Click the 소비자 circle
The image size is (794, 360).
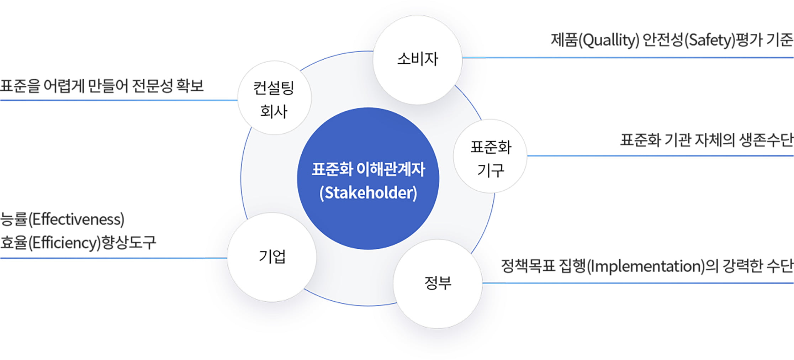[418, 60]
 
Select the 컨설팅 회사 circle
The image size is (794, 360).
[274, 98]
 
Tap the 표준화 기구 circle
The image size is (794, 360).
[490, 157]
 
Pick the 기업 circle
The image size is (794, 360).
[272, 257]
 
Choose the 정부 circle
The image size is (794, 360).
[438, 284]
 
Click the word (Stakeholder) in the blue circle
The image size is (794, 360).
[368, 193]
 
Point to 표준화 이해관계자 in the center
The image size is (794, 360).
[368, 169]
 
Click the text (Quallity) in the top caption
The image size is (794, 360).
[609, 40]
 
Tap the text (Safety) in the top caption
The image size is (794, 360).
[710, 40]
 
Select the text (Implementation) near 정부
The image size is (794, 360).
[645, 266]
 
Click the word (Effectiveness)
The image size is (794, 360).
[76, 219]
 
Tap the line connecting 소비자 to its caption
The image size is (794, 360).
[626, 57]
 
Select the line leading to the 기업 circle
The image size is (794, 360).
[114, 258]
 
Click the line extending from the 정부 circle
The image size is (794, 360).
[637, 283]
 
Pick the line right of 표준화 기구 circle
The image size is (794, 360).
[658, 155]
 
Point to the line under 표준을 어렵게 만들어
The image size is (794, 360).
[117, 100]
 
